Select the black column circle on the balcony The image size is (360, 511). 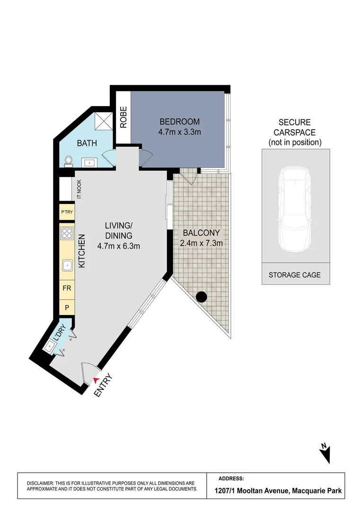click(202, 297)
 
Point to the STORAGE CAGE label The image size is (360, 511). click(295, 275)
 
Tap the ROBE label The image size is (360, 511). click(123, 117)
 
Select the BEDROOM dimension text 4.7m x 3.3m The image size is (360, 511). click(180, 132)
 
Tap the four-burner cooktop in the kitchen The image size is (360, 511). click(66, 233)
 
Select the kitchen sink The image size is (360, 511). click(66, 265)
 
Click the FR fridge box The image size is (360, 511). click(67, 287)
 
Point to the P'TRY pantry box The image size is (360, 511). click(66, 212)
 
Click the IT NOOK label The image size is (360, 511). click(79, 189)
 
